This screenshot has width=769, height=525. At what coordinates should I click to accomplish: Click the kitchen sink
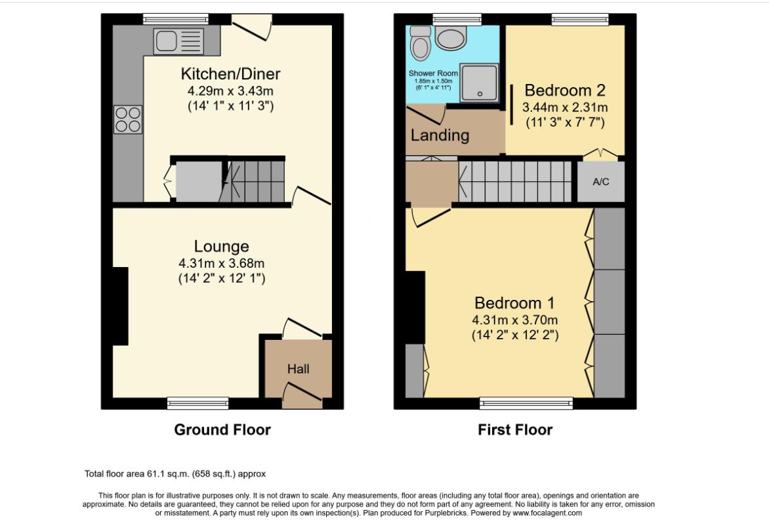click(178, 41)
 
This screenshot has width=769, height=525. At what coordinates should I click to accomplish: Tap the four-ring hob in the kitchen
click(128, 119)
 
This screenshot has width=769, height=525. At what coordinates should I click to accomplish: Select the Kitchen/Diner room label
click(230, 73)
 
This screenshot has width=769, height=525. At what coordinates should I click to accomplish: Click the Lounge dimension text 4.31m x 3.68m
click(222, 263)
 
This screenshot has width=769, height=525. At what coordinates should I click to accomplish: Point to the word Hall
click(298, 368)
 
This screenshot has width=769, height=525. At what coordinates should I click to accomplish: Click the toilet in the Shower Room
click(421, 43)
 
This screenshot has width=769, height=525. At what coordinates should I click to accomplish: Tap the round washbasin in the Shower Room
click(451, 38)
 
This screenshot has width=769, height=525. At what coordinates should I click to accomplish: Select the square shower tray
click(479, 83)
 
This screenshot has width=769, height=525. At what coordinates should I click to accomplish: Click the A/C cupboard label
click(601, 182)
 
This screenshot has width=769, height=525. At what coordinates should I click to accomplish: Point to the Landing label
click(440, 135)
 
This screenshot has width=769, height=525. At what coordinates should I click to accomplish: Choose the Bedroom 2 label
click(565, 91)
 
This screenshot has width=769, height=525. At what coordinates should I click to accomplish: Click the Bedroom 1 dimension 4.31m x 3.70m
click(515, 320)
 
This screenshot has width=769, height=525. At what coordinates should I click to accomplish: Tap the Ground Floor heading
click(222, 430)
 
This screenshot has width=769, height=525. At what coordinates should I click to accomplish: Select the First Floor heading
click(515, 430)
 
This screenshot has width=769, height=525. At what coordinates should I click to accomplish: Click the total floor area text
click(175, 474)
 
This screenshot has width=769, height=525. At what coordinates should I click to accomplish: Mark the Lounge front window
click(198, 404)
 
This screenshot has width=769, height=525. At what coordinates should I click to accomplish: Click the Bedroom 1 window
click(526, 404)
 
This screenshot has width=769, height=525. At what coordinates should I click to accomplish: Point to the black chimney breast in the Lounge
click(121, 306)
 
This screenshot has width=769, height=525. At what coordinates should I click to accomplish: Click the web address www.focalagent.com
click(547, 513)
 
